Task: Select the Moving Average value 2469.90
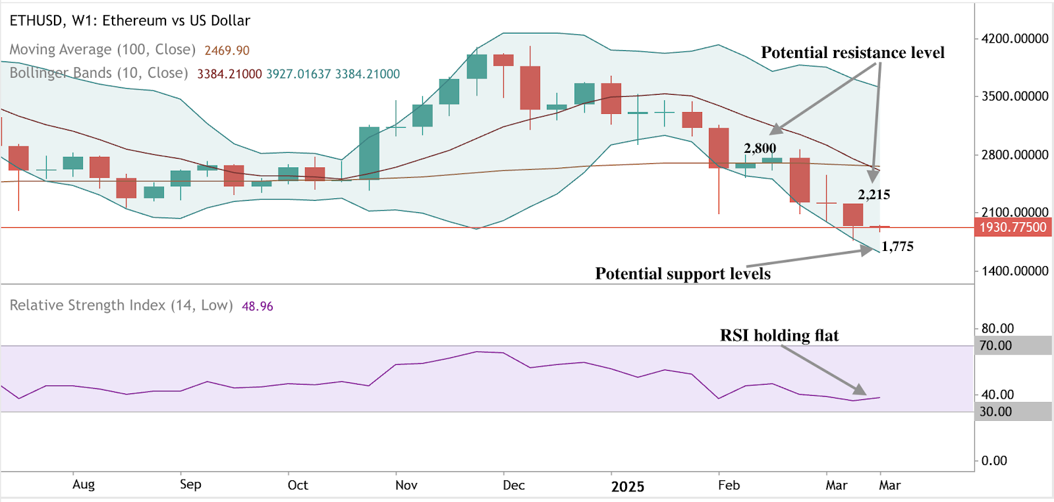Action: click(227, 51)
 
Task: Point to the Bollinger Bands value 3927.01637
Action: click(298, 74)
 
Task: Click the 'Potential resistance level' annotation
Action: click(852, 53)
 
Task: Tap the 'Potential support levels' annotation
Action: click(682, 273)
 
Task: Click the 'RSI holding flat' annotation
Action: click(779, 335)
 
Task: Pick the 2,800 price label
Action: click(760, 148)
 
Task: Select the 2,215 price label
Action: click(874, 194)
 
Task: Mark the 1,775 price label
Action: click(897, 246)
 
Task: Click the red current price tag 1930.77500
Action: click(1012, 227)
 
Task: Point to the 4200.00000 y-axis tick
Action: click(1014, 39)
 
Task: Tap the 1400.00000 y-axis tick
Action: click(1014, 271)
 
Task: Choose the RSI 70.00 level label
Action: click(996, 345)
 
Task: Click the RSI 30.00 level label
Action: click(996, 412)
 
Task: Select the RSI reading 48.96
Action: click(257, 306)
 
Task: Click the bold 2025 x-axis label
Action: click(627, 487)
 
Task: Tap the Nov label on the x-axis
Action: click(406, 486)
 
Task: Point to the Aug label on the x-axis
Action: click(84, 484)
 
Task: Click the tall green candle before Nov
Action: click(369, 153)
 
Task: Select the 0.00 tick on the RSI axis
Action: click(994, 461)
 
